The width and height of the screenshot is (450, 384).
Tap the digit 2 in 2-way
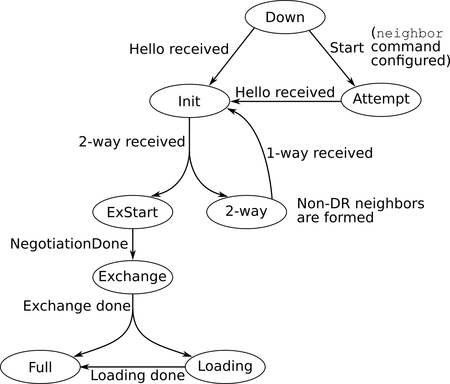pos(229,211)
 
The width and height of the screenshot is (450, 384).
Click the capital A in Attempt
pos(358,99)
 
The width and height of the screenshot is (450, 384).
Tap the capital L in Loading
pos(201,366)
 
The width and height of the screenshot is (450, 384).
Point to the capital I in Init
pos(180,101)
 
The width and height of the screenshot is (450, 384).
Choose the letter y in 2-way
pos(263,213)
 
